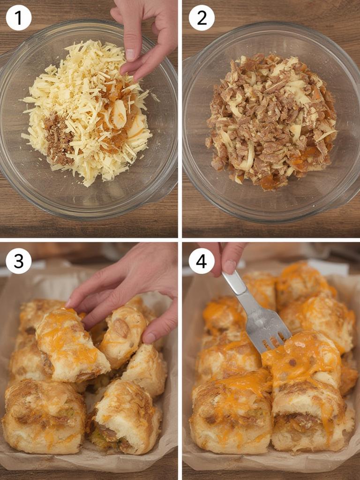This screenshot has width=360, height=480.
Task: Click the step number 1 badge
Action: tap(19, 18)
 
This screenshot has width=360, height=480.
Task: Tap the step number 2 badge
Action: tap(202, 18)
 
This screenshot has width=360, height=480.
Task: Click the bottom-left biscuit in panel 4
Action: tap(230, 412)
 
